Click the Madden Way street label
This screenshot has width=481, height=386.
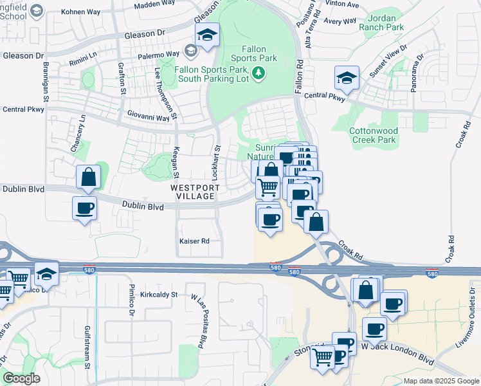point(155,5)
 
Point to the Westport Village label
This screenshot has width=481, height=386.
point(195,192)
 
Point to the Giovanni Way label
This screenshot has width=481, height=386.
point(152,115)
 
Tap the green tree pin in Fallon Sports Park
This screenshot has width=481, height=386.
point(259,73)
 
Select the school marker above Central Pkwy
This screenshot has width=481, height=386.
point(347,79)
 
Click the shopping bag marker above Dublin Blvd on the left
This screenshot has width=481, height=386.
point(88,177)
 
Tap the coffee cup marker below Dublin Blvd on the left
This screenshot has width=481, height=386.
point(84,208)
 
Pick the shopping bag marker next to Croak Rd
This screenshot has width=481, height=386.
point(316,223)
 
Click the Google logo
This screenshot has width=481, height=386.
point(21,378)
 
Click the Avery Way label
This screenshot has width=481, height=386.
point(341,21)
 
